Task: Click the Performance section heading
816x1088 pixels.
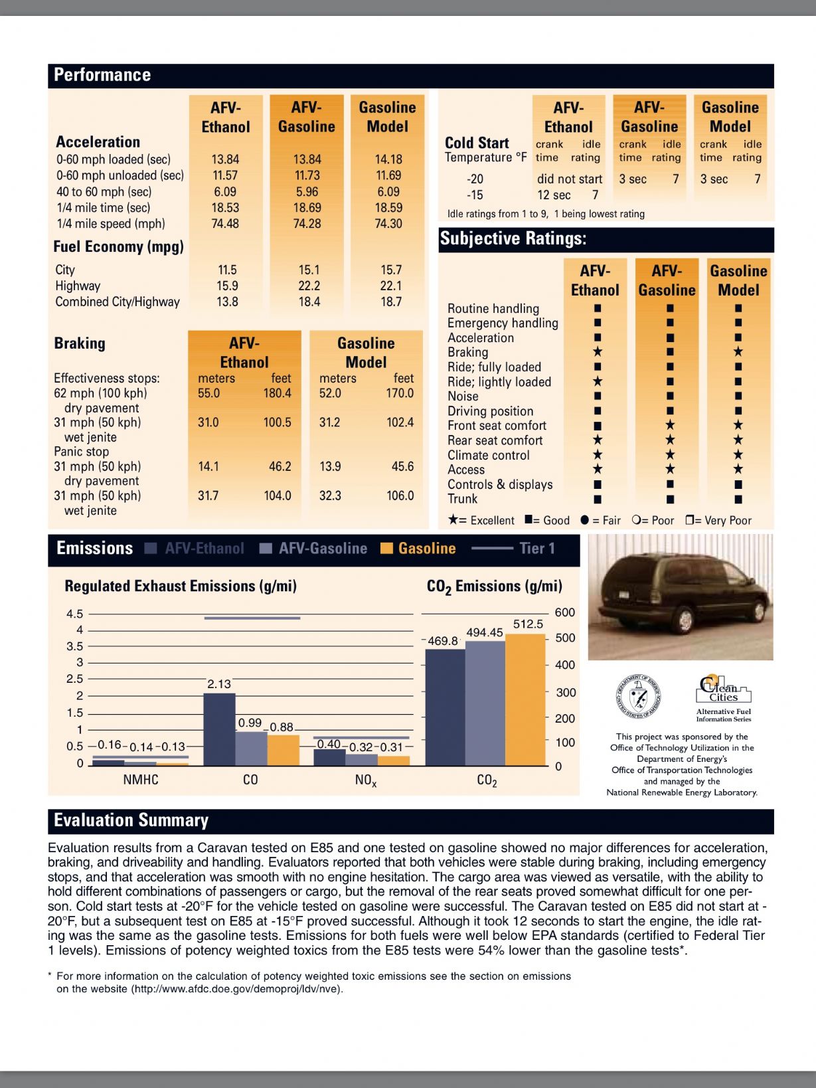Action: [102, 75]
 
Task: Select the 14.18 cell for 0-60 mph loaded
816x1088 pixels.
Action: [388, 159]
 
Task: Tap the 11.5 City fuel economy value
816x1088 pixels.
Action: [227, 270]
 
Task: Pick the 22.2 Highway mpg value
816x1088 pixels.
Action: [309, 286]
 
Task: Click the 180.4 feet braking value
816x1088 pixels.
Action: [277, 393]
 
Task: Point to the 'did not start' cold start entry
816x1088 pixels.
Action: [569, 179]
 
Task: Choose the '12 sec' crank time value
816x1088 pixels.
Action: [554, 195]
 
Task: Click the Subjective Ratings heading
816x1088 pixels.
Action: [513, 239]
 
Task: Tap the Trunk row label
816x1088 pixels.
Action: [462, 499]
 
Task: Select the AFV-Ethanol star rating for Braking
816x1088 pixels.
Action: [598, 352]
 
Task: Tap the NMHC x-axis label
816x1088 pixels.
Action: [141, 780]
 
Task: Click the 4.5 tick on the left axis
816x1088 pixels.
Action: [75, 614]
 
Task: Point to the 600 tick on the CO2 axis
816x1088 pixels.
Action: [564, 613]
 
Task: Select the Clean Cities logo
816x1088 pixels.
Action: [723, 690]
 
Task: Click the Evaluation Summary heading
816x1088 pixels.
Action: [131, 821]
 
